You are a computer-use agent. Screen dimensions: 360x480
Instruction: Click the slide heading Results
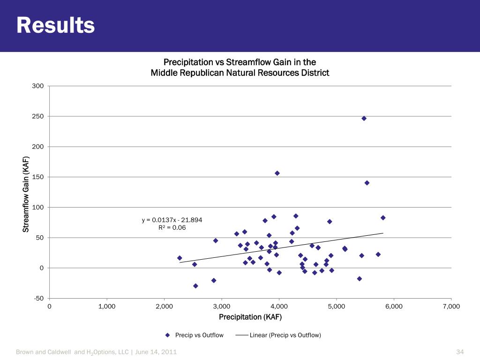pyautogui.click(x=55, y=26)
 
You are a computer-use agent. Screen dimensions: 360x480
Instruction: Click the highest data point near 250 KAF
pyautogui.click(x=364, y=118)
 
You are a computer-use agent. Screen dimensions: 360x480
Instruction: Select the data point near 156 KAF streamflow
pyautogui.click(x=277, y=173)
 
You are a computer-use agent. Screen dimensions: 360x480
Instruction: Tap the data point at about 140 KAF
pyautogui.click(x=367, y=183)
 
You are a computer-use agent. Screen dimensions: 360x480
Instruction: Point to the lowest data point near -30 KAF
pyautogui.click(x=195, y=285)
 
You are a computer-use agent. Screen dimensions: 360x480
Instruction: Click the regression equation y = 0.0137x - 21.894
pyautogui.click(x=172, y=220)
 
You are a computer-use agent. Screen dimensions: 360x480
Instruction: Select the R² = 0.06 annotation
pyautogui.click(x=172, y=228)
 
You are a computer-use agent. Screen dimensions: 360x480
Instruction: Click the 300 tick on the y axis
pyautogui.click(x=38, y=86)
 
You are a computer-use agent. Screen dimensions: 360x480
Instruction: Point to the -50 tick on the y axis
pyautogui.click(x=37, y=299)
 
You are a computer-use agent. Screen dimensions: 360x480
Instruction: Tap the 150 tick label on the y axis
pyautogui.click(x=38, y=177)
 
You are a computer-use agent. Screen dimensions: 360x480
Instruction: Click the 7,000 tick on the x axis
pyautogui.click(x=451, y=306)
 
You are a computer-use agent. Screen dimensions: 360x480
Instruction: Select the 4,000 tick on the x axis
pyautogui.click(x=279, y=306)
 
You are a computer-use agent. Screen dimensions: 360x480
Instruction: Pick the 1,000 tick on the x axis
pyautogui.click(x=107, y=306)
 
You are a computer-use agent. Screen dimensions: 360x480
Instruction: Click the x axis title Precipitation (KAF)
pyautogui.click(x=250, y=317)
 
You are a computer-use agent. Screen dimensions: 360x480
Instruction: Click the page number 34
pyautogui.click(x=459, y=352)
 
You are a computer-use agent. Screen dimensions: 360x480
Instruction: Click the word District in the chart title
pyautogui.click(x=315, y=73)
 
